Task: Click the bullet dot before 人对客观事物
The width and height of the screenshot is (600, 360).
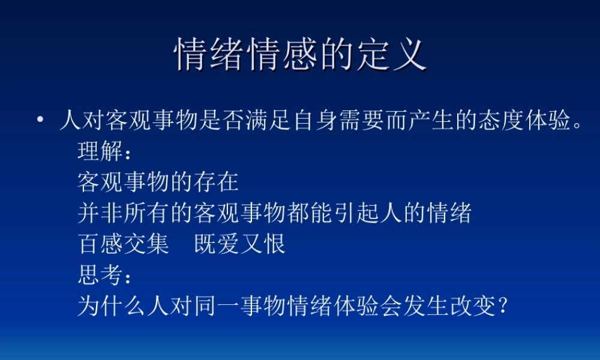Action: [40, 121]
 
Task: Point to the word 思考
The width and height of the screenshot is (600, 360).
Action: [100, 276]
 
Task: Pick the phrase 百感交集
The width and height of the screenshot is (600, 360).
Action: [124, 245]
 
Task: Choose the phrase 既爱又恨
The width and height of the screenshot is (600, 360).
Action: [239, 245]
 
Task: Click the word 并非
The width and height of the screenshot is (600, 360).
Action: [100, 214]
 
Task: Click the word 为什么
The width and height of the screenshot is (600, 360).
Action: [112, 307]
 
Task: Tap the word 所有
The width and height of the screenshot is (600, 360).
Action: [147, 214]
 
